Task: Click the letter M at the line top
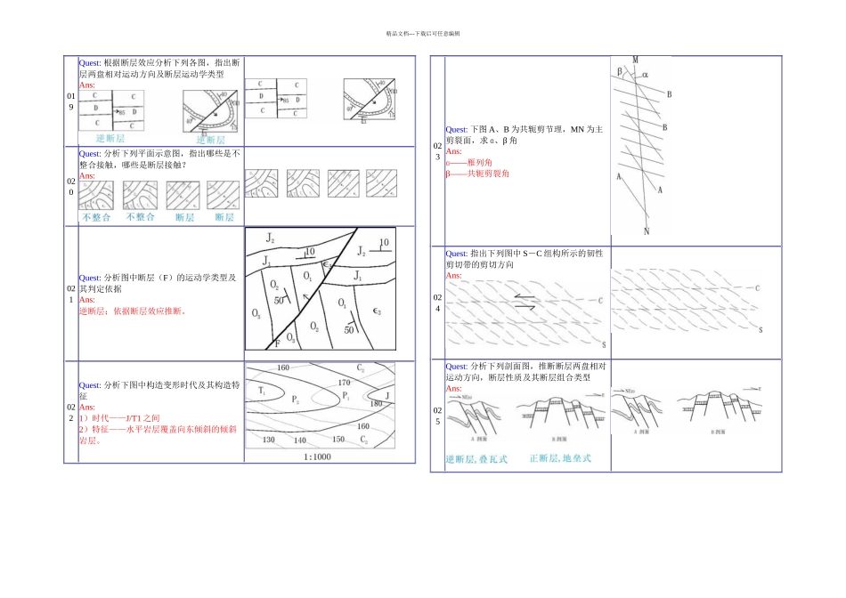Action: coord(635,61)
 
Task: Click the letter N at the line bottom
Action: coord(647,231)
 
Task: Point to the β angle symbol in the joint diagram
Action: coord(619,70)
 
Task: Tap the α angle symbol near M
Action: coord(645,75)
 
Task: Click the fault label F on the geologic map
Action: coord(277,343)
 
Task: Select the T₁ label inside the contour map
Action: coord(263,392)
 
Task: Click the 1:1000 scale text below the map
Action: coord(316,457)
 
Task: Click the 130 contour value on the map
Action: coord(270,440)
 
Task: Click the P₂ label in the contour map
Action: coord(295,400)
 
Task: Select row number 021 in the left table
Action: coord(70,294)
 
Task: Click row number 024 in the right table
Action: coord(436,302)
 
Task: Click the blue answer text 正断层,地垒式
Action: coord(560,458)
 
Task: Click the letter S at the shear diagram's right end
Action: coord(761,330)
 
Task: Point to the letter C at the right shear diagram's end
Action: coord(757,288)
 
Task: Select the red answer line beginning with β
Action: coord(477,174)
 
